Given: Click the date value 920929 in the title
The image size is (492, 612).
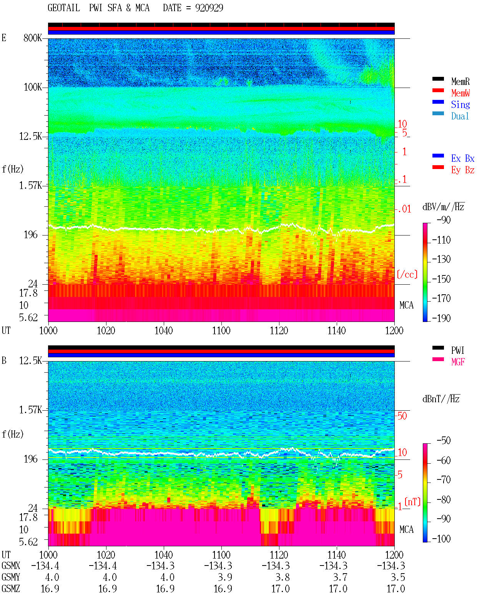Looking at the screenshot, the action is point(209,8).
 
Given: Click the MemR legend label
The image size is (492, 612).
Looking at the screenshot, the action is point(460,81).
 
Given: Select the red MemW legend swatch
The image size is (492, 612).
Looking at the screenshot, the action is point(438,90).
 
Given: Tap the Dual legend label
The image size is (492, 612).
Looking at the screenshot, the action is point(460,116).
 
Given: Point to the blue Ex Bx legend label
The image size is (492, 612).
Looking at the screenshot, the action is point(462,158).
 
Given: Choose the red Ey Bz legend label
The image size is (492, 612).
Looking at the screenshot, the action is point(462,170).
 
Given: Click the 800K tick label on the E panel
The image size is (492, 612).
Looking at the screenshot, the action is point(33,38).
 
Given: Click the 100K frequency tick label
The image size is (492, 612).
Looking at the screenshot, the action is point(33,87).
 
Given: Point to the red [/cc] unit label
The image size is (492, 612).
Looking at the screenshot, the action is point(407,274).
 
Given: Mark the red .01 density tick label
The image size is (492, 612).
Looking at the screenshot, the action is point(404,209).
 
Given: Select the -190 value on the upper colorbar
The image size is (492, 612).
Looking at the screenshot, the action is point(441,318).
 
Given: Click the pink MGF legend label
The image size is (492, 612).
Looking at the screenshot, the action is point(458,362).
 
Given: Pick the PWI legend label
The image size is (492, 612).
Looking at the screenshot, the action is point(457,350).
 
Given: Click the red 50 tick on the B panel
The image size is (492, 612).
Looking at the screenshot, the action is point(402,416).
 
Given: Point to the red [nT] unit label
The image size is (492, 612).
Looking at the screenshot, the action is point(412,502).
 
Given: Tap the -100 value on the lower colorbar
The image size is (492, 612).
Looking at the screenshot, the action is point(441,539).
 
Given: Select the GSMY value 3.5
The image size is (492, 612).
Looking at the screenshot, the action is point(397,577).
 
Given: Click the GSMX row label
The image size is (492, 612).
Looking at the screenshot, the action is point(11,566).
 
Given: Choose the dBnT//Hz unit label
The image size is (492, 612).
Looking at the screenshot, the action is point(441,399).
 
